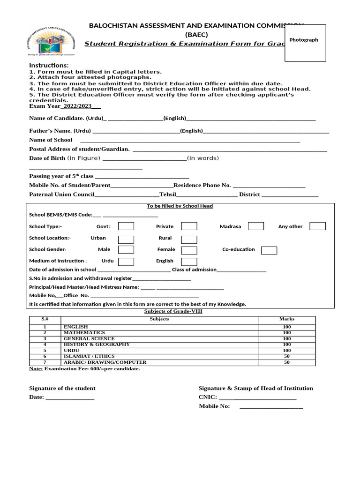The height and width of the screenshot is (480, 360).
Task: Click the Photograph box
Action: pos(305,43)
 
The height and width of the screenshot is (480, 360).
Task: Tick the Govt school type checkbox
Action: pos(126,226)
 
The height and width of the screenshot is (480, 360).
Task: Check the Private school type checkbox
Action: pos(189,226)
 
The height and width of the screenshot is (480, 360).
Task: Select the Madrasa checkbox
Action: pos(255,226)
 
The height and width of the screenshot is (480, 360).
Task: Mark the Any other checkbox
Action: pos(317,226)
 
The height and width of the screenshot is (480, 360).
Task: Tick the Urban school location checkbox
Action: pos(126,238)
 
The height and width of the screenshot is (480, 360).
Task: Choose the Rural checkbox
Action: pos(189,238)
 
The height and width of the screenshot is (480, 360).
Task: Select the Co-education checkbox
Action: pos(269,250)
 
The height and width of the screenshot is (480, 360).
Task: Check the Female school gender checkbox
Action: pos(189,250)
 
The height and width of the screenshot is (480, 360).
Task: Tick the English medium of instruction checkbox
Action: pos(189,261)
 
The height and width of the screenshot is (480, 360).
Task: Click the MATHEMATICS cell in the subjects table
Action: pos(84,333)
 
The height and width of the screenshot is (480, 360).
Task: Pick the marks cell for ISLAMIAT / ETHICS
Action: pos(287,356)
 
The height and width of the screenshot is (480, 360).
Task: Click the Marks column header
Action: pos(287,319)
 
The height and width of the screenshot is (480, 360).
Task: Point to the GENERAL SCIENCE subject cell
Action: pos(89,338)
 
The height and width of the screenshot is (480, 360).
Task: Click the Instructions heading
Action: pos(49,65)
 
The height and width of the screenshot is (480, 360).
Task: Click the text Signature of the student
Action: pos(62,388)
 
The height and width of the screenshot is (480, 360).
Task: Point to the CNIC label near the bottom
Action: pos(207,397)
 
